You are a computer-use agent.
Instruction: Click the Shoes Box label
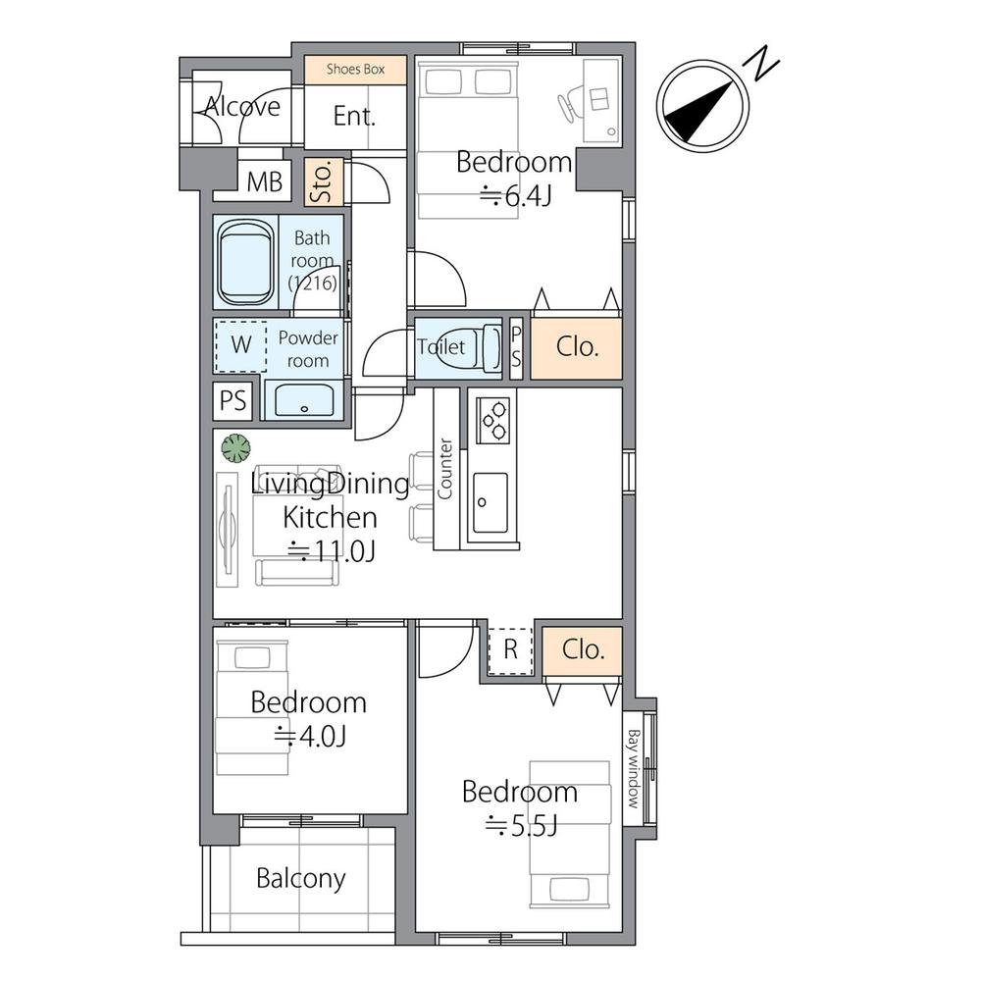[x=355, y=69]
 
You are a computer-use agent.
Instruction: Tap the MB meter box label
[x=264, y=182]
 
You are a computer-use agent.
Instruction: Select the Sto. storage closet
[x=324, y=182]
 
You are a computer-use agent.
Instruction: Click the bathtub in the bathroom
[x=245, y=262]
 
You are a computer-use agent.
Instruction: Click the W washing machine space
[x=241, y=345]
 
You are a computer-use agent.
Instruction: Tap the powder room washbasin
[x=303, y=400]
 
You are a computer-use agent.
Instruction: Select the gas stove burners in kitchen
[x=492, y=420]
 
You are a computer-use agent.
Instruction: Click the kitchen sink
[x=490, y=502]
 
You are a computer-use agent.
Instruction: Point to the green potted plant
[x=235, y=448]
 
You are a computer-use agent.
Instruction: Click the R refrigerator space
[x=510, y=650]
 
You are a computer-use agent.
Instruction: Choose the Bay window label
[x=634, y=768]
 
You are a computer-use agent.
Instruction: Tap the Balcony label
[x=301, y=879]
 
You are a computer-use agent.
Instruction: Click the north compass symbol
[x=702, y=105]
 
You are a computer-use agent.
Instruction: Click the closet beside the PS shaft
[x=576, y=348]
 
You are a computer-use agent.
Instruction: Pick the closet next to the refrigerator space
[x=582, y=650]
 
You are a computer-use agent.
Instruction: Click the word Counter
[x=444, y=469]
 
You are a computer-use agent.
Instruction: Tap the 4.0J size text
[x=310, y=737]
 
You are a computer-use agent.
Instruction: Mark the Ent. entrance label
[x=354, y=117]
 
